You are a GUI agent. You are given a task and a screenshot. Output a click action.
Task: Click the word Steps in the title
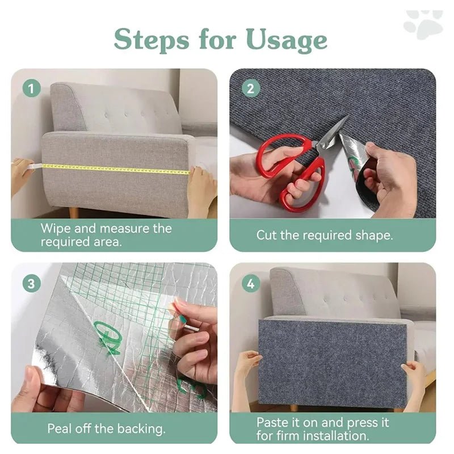[x=152, y=39]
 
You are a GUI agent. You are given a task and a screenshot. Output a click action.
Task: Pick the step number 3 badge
[x=32, y=282]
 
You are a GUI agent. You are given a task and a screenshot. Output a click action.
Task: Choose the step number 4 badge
[x=250, y=282]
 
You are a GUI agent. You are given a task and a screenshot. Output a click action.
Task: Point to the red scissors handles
[x=289, y=170]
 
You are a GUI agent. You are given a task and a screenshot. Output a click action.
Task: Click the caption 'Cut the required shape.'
[x=324, y=235]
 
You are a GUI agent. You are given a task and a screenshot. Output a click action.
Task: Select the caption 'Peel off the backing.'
[x=106, y=428]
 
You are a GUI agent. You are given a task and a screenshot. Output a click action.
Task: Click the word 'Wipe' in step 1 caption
[x=56, y=229]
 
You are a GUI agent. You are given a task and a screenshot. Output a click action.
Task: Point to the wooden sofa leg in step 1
[x=74, y=212]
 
